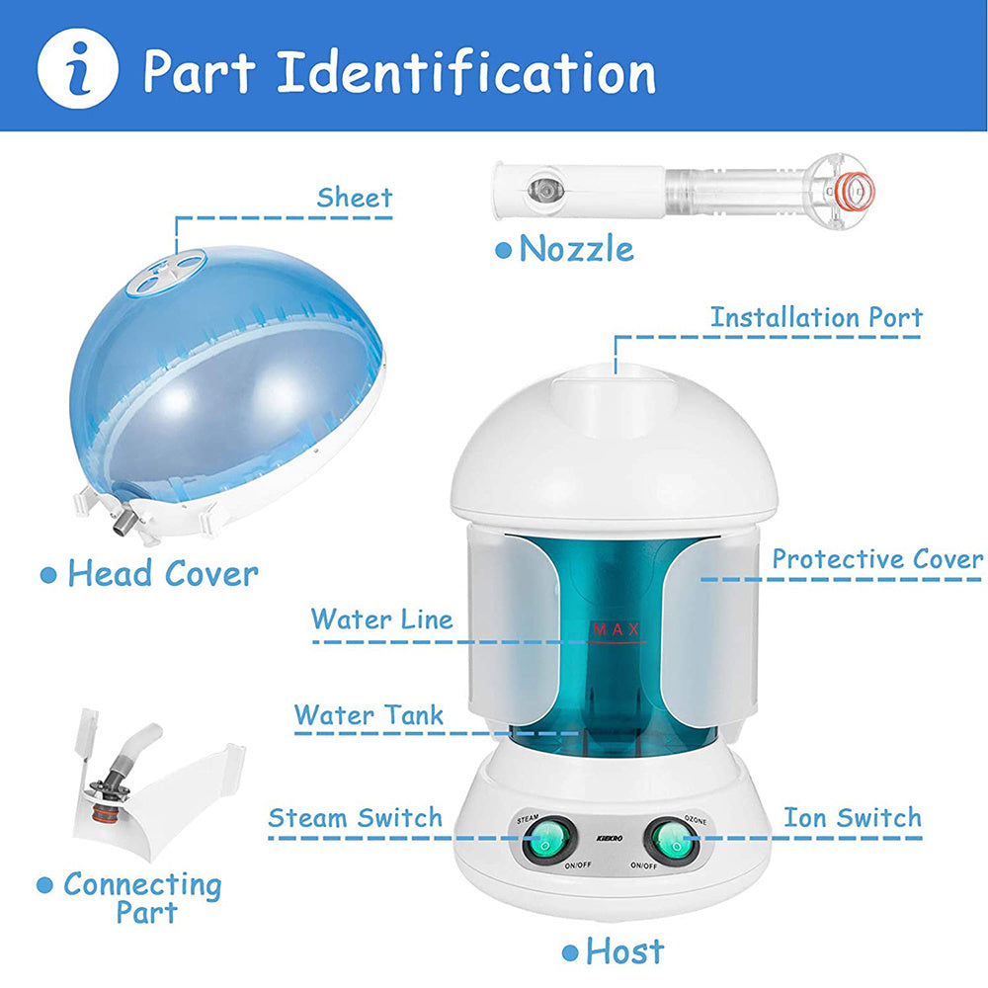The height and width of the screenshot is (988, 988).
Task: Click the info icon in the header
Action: tap(77, 70)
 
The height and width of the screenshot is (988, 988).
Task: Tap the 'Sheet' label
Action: tap(355, 198)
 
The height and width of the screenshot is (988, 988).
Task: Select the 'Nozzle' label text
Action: tap(576, 249)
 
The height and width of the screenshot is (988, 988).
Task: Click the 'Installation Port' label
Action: tap(816, 318)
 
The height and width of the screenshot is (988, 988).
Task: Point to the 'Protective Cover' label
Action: tap(877, 559)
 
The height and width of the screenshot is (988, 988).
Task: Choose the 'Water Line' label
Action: tap(381, 620)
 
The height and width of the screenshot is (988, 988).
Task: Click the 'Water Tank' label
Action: tap(369, 714)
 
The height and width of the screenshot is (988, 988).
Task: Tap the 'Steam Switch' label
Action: tap(356, 819)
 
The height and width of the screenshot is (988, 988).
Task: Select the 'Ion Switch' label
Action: tap(853, 818)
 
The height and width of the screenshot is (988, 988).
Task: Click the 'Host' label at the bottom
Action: tap(624, 952)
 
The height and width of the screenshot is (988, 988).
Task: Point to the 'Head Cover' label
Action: tap(162, 574)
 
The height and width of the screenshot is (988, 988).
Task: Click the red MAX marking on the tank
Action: tap(617, 629)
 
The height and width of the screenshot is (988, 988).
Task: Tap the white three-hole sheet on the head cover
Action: tap(170, 268)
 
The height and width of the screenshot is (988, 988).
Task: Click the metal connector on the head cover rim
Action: tap(123, 518)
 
